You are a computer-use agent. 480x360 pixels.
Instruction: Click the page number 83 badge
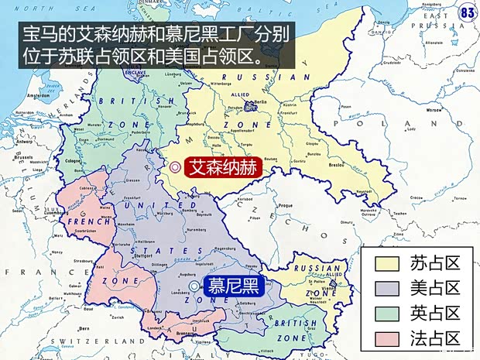(x=468, y=12)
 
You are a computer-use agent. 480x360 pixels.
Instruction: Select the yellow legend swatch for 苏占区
(x=387, y=263)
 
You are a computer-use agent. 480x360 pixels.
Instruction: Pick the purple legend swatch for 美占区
(x=387, y=288)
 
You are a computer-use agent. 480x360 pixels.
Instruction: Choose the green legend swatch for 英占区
(x=387, y=313)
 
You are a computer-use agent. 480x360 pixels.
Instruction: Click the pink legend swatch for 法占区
(x=387, y=338)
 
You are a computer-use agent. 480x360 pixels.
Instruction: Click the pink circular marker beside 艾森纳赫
(x=176, y=166)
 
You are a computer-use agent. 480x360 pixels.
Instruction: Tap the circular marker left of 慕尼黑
(x=194, y=286)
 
